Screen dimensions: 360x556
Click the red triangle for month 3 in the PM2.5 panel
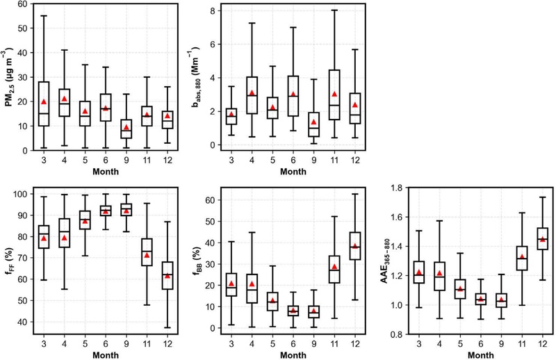44,102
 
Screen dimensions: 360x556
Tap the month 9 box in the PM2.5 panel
107,129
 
